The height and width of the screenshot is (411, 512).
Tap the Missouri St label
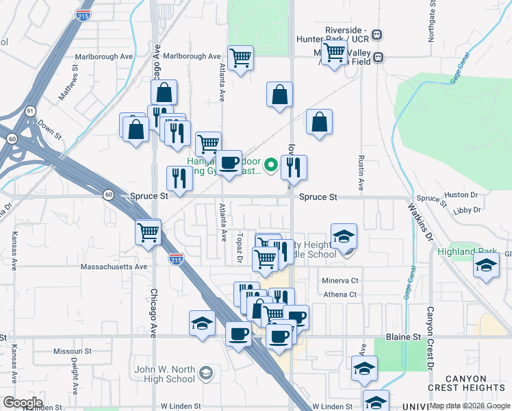coord(72,351)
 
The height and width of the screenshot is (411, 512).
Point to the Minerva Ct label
coord(340,281)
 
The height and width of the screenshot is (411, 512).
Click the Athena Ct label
coord(340,295)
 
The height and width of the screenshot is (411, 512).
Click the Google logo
coord(23,403)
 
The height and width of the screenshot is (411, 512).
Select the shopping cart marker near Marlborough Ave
coord(240,58)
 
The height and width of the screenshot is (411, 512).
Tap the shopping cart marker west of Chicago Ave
coord(148,232)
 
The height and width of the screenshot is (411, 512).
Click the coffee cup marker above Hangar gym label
coord(229,163)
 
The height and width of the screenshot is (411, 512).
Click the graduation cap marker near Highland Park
coord(485,265)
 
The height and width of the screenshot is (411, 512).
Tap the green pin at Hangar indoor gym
coord(270,164)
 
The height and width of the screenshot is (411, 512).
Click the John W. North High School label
coord(165,374)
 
